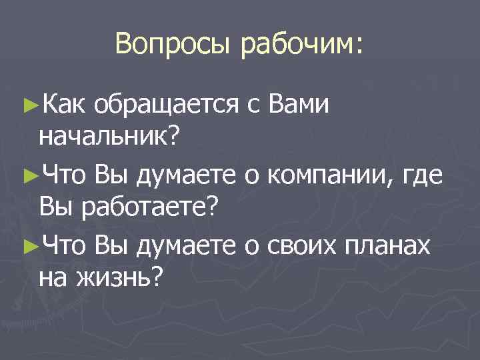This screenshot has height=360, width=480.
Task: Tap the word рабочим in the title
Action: (x=303, y=45)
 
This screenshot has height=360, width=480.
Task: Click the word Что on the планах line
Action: (x=63, y=246)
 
